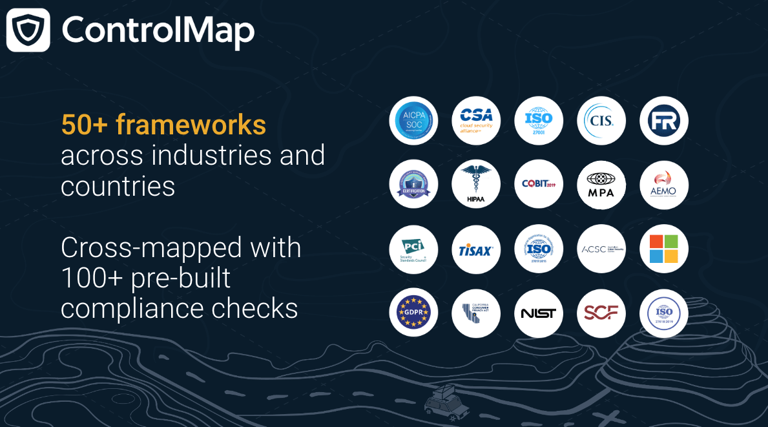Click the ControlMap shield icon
[28, 30]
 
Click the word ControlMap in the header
[158, 30]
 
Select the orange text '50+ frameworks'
[163, 125]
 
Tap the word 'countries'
[118, 186]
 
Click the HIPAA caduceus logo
[476, 184]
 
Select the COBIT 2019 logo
[539, 184]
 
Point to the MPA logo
[601, 184]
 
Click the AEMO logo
[664, 184]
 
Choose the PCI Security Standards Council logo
[413, 249]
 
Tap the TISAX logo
[476, 249]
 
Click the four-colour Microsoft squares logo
[664, 249]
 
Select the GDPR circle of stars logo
[413, 313]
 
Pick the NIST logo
[539, 313]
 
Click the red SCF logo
[601, 313]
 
